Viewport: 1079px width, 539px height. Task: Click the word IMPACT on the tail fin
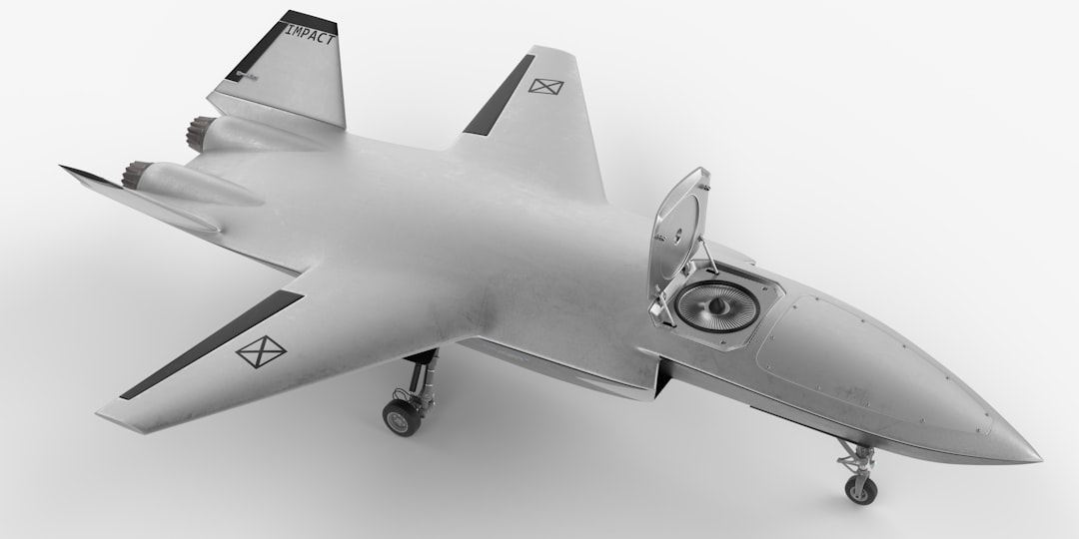pyautogui.click(x=311, y=34)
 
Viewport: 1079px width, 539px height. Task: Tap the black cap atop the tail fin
pyautogui.click(x=309, y=19)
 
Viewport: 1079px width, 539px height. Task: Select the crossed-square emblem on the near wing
pyautogui.click(x=261, y=350)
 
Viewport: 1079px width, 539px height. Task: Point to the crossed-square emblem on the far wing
pyautogui.click(x=545, y=86)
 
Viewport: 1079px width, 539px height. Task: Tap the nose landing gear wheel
pyautogui.click(x=860, y=489)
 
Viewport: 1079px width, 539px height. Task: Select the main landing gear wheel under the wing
pyautogui.click(x=402, y=417)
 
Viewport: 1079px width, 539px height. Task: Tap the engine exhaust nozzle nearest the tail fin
pyautogui.click(x=202, y=130)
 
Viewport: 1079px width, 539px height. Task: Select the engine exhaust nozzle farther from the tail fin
pyautogui.click(x=136, y=176)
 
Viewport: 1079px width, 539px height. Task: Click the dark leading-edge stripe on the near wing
pyautogui.click(x=210, y=344)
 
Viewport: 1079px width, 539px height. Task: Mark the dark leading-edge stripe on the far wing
pyautogui.click(x=499, y=96)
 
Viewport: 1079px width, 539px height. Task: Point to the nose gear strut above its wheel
pyautogui.click(x=857, y=457)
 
